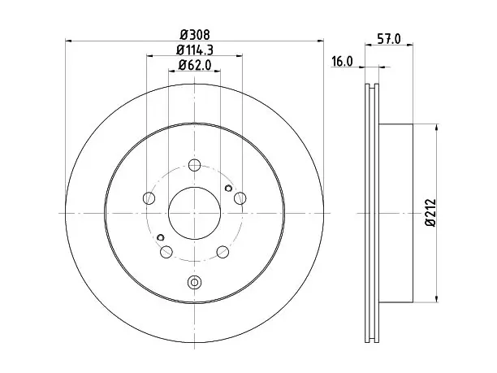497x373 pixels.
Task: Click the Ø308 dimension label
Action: (x=195, y=34)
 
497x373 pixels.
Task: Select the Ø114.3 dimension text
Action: (x=195, y=50)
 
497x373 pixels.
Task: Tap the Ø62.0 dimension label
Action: (x=194, y=65)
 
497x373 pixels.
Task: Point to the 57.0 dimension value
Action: (x=389, y=39)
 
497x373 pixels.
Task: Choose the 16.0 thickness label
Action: (x=342, y=61)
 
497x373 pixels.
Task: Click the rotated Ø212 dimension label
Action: (x=430, y=213)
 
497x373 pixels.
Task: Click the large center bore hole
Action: (x=194, y=213)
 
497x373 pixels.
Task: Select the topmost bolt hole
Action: (x=194, y=165)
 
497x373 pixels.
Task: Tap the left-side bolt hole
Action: (x=149, y=198)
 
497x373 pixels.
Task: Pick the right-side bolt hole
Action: (x=240, y=198)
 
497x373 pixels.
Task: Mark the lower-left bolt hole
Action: (x=166, y=252)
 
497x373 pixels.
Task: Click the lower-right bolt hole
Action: (x=223, y=252)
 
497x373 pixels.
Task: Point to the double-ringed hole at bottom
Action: (x=194, y=282)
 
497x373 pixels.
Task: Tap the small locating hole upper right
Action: (x=228, y=189)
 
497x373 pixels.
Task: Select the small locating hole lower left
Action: (x=161, y=237)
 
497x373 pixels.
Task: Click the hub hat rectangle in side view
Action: (x=395, y=213)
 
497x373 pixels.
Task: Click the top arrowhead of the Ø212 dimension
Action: (x=437, y=127)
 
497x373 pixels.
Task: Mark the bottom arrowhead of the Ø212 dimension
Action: (x=437, y=299)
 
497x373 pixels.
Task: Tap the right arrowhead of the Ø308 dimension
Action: (x=320, y=41)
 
